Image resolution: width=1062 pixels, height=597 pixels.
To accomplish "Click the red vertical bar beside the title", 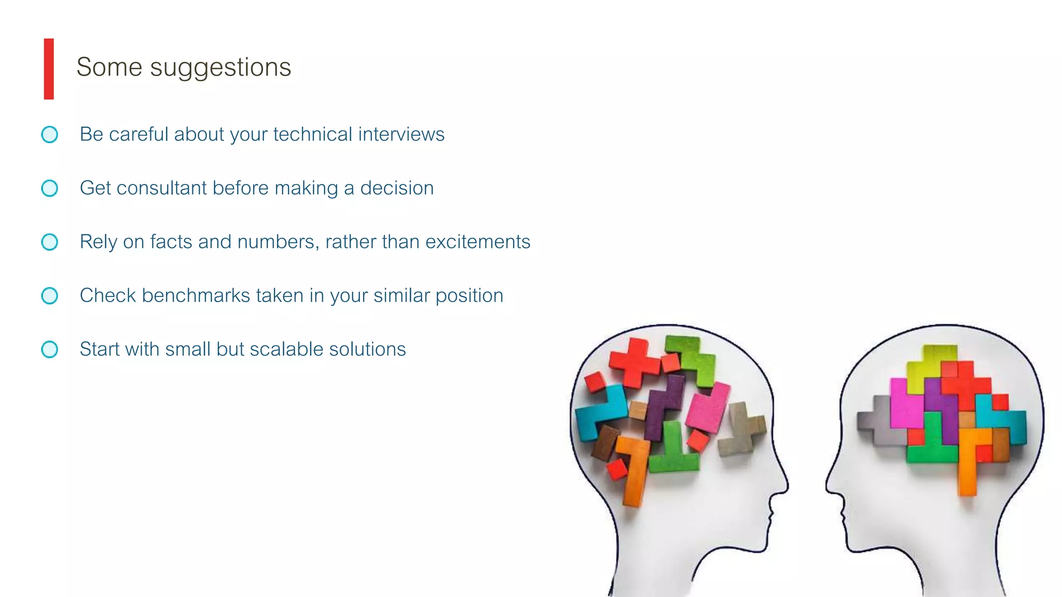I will click(49, 68).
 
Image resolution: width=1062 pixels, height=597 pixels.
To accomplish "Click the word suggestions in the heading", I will click(220, 68).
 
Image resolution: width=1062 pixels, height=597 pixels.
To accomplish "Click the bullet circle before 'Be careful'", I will click(50, 135).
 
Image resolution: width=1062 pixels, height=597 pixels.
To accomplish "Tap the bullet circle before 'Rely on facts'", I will click(50, 242).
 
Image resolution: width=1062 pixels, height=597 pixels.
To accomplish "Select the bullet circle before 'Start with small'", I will click(50, 349).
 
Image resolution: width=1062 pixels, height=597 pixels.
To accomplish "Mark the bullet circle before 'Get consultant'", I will click(50, 188).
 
